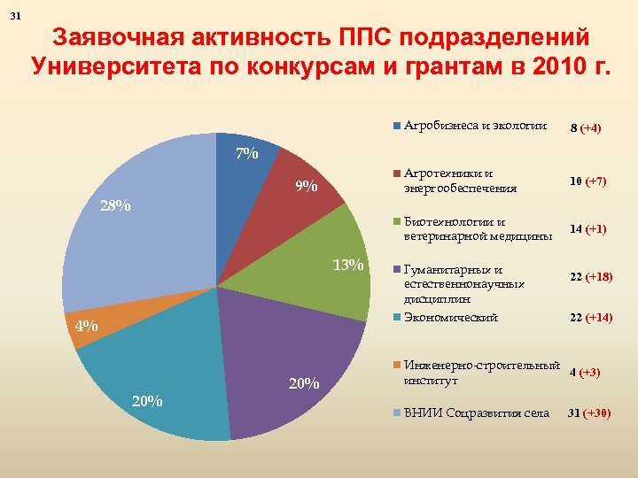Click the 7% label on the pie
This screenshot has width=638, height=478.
(246, 154)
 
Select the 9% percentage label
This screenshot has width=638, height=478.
(307, 186)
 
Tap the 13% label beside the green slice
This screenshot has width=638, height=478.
(347, 265)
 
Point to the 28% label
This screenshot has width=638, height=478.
(115, 206)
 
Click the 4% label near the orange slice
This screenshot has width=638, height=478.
(86, 326)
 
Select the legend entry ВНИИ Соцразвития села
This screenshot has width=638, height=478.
(476, 412)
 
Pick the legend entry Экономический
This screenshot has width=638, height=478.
(450, 317)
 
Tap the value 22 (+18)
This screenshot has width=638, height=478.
(591, 277)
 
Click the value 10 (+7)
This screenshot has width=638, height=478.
(587, 181)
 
